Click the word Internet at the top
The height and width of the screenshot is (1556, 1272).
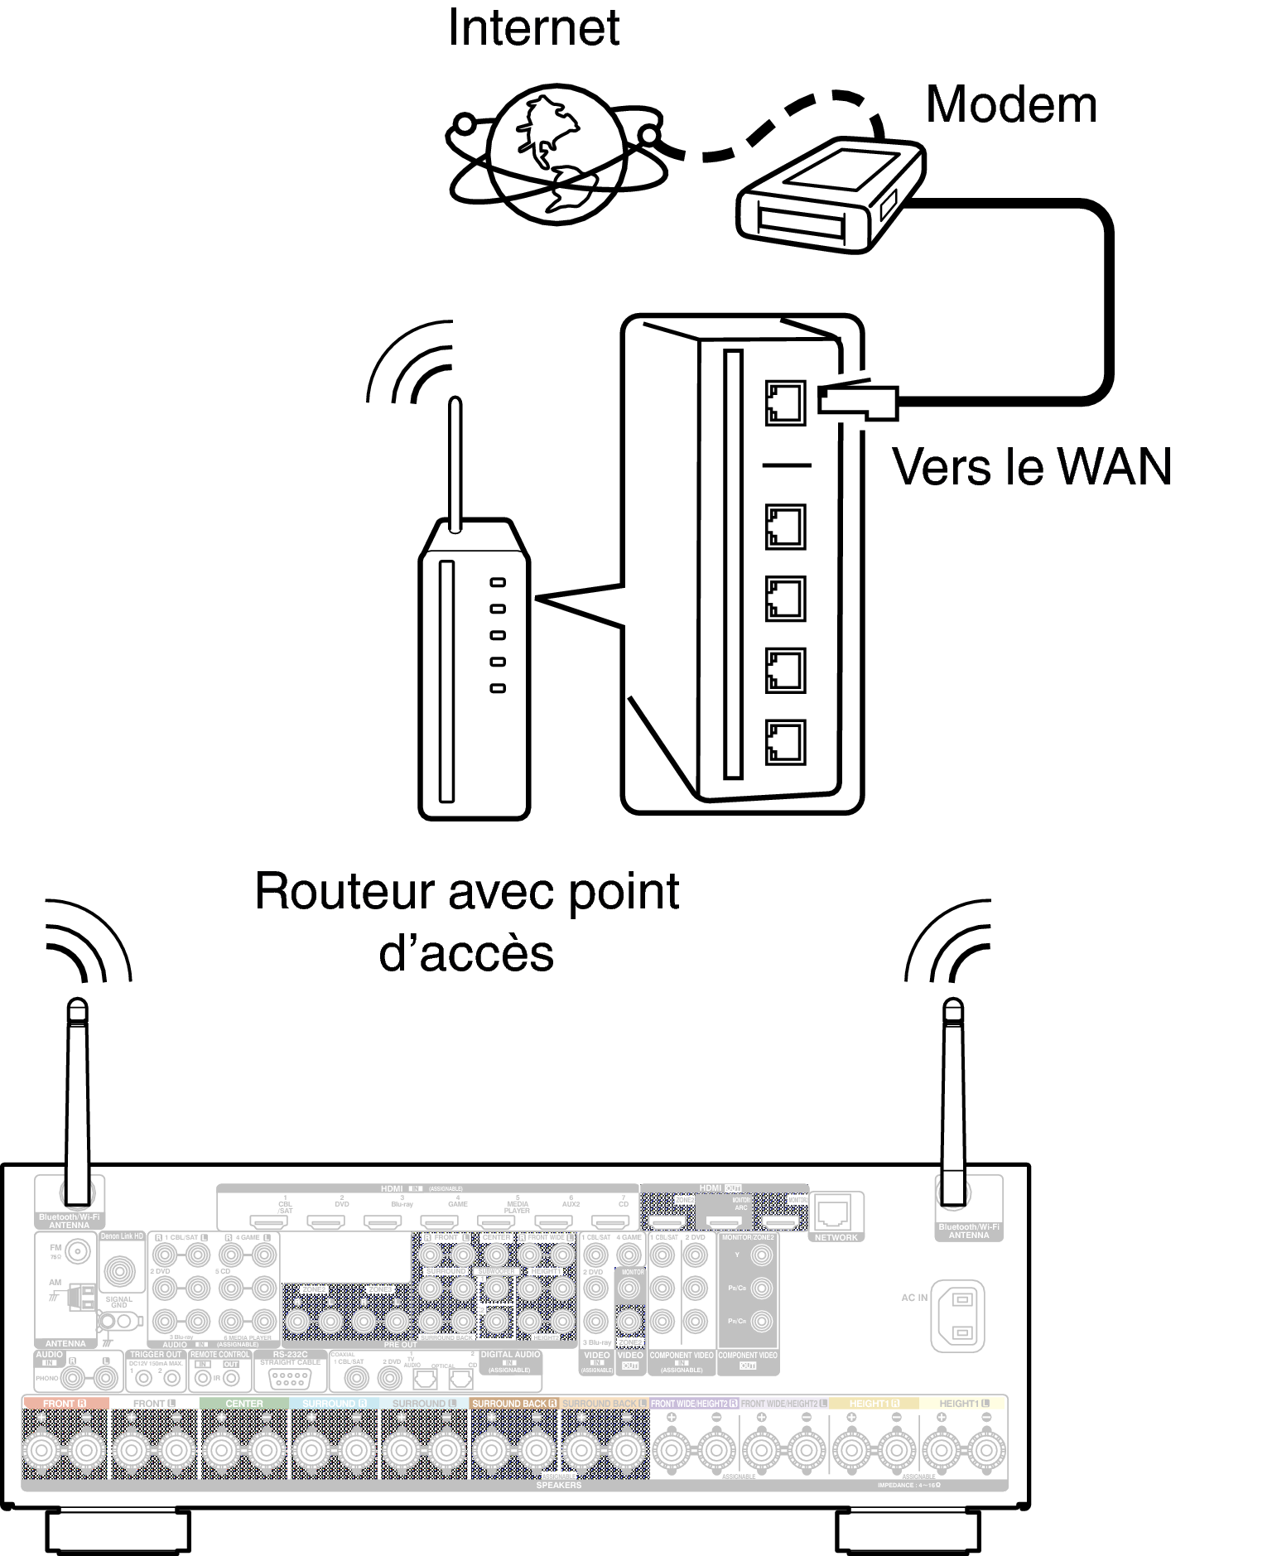click(533, 28)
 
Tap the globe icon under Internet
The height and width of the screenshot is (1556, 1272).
click(556, 154)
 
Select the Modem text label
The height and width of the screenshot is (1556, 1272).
click(1010, 105)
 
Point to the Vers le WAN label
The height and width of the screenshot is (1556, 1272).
click(1031, 467)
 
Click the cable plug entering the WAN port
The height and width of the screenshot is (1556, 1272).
click(857, 401)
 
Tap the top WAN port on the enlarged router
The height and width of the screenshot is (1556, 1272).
click(785, 403)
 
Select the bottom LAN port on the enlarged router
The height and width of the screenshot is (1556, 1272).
click(785, 742)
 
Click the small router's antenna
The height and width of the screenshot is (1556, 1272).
click(455, 464)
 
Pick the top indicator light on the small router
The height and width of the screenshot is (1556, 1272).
click(498, 583)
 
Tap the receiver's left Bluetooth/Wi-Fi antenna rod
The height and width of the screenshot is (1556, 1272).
click(77, 1101)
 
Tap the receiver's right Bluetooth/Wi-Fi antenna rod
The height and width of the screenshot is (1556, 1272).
click(953, 1101)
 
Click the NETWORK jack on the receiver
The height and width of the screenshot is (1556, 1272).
click(832, 1213)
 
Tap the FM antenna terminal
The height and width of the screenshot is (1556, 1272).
click(78, 1251)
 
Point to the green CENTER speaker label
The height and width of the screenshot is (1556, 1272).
click(244, 1404)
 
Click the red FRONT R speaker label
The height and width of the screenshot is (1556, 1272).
click(65, 1404)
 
